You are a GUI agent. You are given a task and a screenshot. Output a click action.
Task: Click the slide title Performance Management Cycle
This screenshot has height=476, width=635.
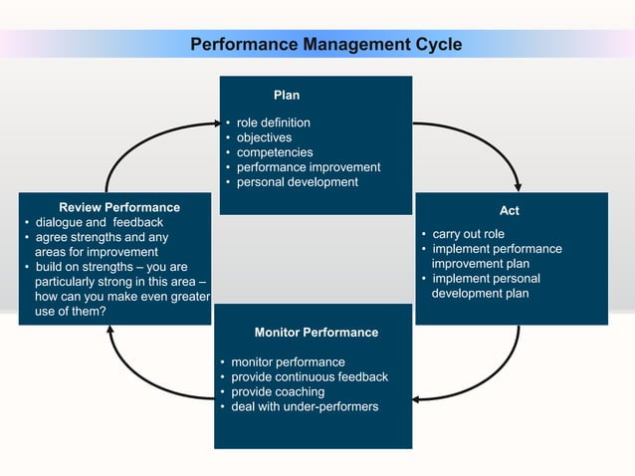(x=325, y=45)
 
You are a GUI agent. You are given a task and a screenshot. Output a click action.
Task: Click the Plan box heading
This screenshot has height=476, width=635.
(x=287, y=96)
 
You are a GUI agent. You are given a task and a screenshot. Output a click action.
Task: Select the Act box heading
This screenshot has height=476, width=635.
(x=510, y=211)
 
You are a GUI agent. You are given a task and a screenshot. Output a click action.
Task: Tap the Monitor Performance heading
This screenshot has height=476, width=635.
(x=316, y=332)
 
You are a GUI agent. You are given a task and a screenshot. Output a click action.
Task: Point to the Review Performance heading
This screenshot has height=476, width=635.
(x=119, y=207)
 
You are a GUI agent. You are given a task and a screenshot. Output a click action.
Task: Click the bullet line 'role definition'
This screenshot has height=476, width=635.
(x=273, y=122)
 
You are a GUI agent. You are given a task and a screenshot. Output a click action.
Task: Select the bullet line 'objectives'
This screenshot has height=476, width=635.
(x=264, y=137)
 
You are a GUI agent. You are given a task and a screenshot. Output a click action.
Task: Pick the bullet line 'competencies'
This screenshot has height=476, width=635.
(x=274, y=152)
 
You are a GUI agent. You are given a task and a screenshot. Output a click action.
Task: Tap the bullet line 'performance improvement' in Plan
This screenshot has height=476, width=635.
(x=308, y=167)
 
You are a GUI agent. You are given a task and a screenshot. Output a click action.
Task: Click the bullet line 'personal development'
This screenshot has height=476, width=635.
(x=297, y=182)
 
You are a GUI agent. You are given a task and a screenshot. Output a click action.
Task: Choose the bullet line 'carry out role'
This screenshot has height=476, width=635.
(x=468, y=234)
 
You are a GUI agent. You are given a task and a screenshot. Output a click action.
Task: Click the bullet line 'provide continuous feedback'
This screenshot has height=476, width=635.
(x=309, y=377)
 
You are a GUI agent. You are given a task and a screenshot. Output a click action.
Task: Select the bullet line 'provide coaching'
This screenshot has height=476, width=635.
(x=278, y=392)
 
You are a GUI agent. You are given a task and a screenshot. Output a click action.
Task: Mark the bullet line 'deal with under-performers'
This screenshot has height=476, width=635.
(x=304, y=407)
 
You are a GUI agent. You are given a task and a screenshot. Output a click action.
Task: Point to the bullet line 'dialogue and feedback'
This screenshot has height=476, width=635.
(x=99, y=222)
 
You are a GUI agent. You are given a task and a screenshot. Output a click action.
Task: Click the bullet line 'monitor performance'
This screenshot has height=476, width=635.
(x=288, y=362)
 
